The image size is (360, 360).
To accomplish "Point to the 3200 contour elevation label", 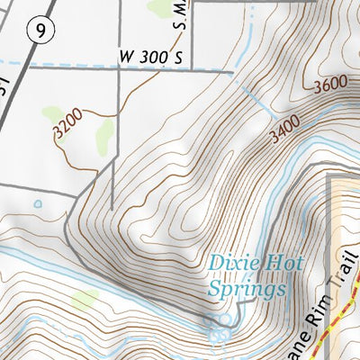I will coord(67,124).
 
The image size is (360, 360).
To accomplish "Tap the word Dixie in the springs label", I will coord(231,265).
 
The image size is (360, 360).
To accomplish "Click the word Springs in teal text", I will coord(247,290).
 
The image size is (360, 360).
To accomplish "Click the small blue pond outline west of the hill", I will coord(37,204).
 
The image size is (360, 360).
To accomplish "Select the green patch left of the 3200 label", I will coord(52,114).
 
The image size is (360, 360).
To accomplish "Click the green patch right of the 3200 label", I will coord(103,136).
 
